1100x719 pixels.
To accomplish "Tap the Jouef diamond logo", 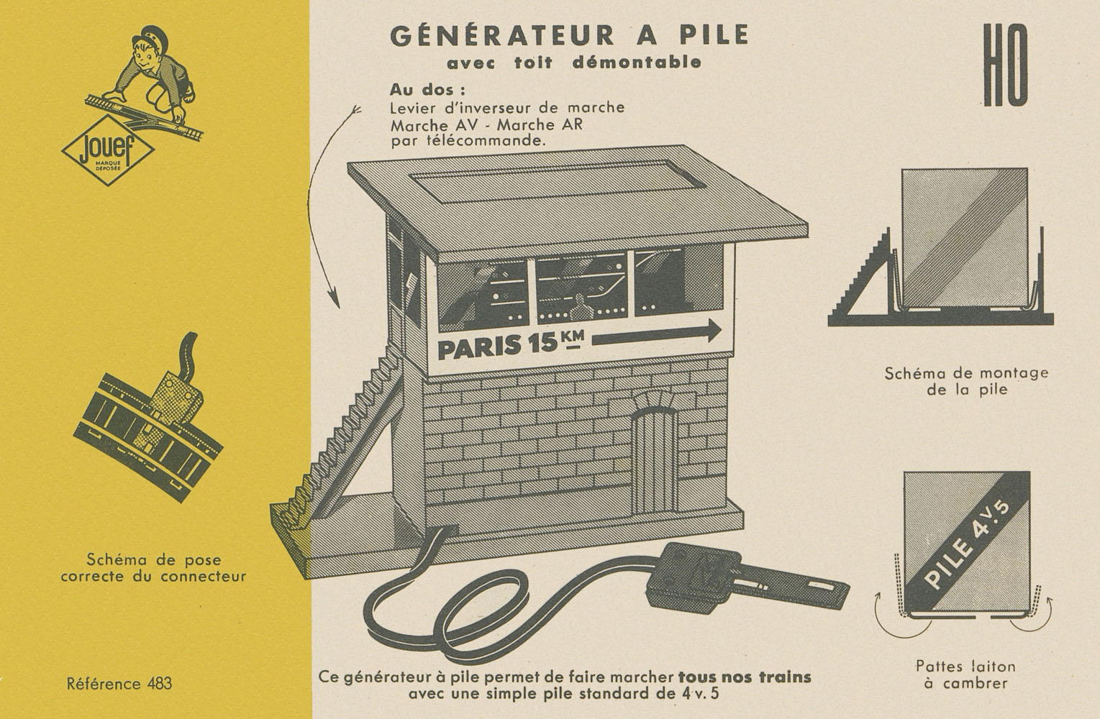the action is pos(108,150).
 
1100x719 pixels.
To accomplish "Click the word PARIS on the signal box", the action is pos(479,347).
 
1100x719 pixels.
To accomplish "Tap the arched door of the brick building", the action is pos(654,462).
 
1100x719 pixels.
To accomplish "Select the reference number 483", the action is pos(160,684).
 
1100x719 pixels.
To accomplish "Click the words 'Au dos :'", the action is pos(427,90).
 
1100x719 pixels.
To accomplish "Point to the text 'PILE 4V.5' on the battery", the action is pos(968,545).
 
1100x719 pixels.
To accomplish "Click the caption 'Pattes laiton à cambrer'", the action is pos(965,675).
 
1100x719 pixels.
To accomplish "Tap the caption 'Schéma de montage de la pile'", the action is pos(966,381).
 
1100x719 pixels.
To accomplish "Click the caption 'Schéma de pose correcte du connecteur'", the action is pos(153,567).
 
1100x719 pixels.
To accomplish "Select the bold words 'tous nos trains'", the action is pos(745,677).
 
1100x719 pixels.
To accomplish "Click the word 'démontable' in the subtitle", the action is pos(637,63).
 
